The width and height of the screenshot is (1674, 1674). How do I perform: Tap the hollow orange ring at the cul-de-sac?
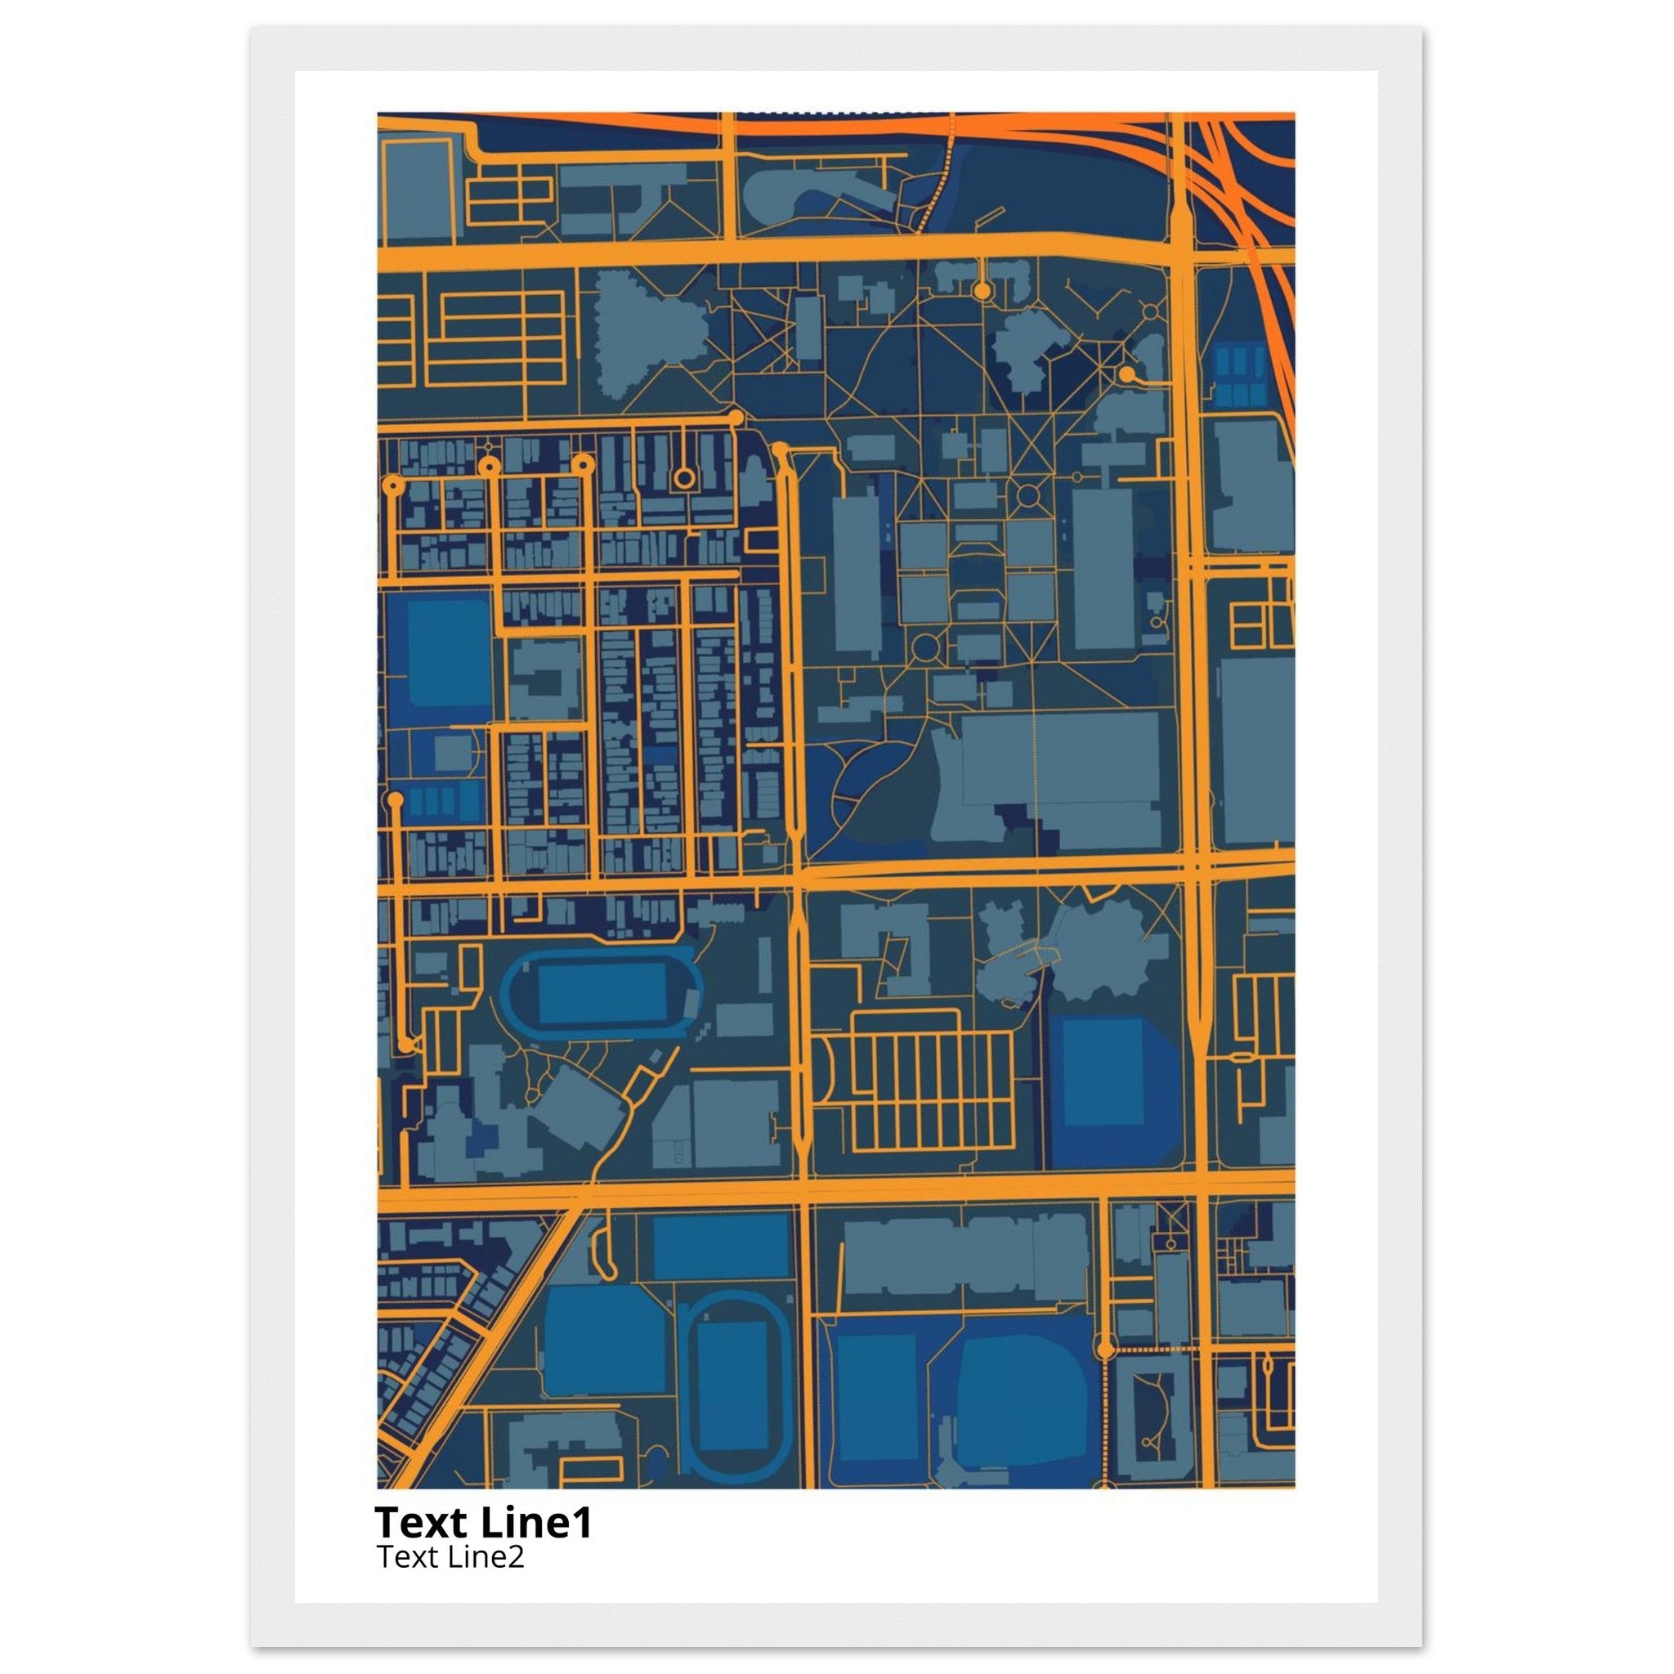[683, 477]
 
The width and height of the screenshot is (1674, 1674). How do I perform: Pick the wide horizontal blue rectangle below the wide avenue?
[721, 1246]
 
